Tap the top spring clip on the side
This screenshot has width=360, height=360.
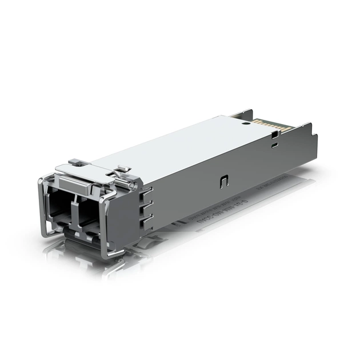point(147,191)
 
